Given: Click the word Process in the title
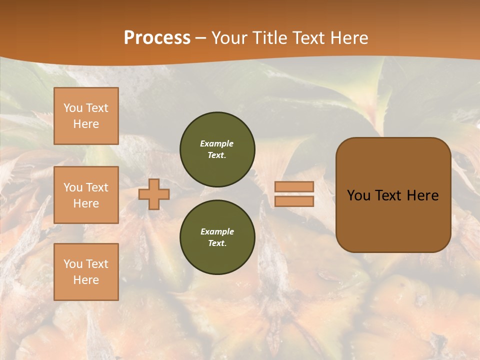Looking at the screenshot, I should pos(157,38).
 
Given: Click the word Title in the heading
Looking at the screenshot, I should pos(269,38).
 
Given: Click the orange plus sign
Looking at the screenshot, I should pos(154,194).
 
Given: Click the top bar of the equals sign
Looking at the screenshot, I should pos(294,186).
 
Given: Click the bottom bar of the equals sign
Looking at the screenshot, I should pos(294,201).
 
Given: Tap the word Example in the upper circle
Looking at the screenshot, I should pos(217,143).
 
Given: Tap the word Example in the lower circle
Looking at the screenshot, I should pos(217,231).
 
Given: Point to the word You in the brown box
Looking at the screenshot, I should pos(358,195).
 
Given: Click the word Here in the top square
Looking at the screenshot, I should pos(86,124).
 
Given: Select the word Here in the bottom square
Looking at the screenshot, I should pos(86,280).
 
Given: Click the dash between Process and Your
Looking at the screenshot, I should pos(200,38).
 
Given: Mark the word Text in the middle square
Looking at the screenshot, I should pos(96,187).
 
